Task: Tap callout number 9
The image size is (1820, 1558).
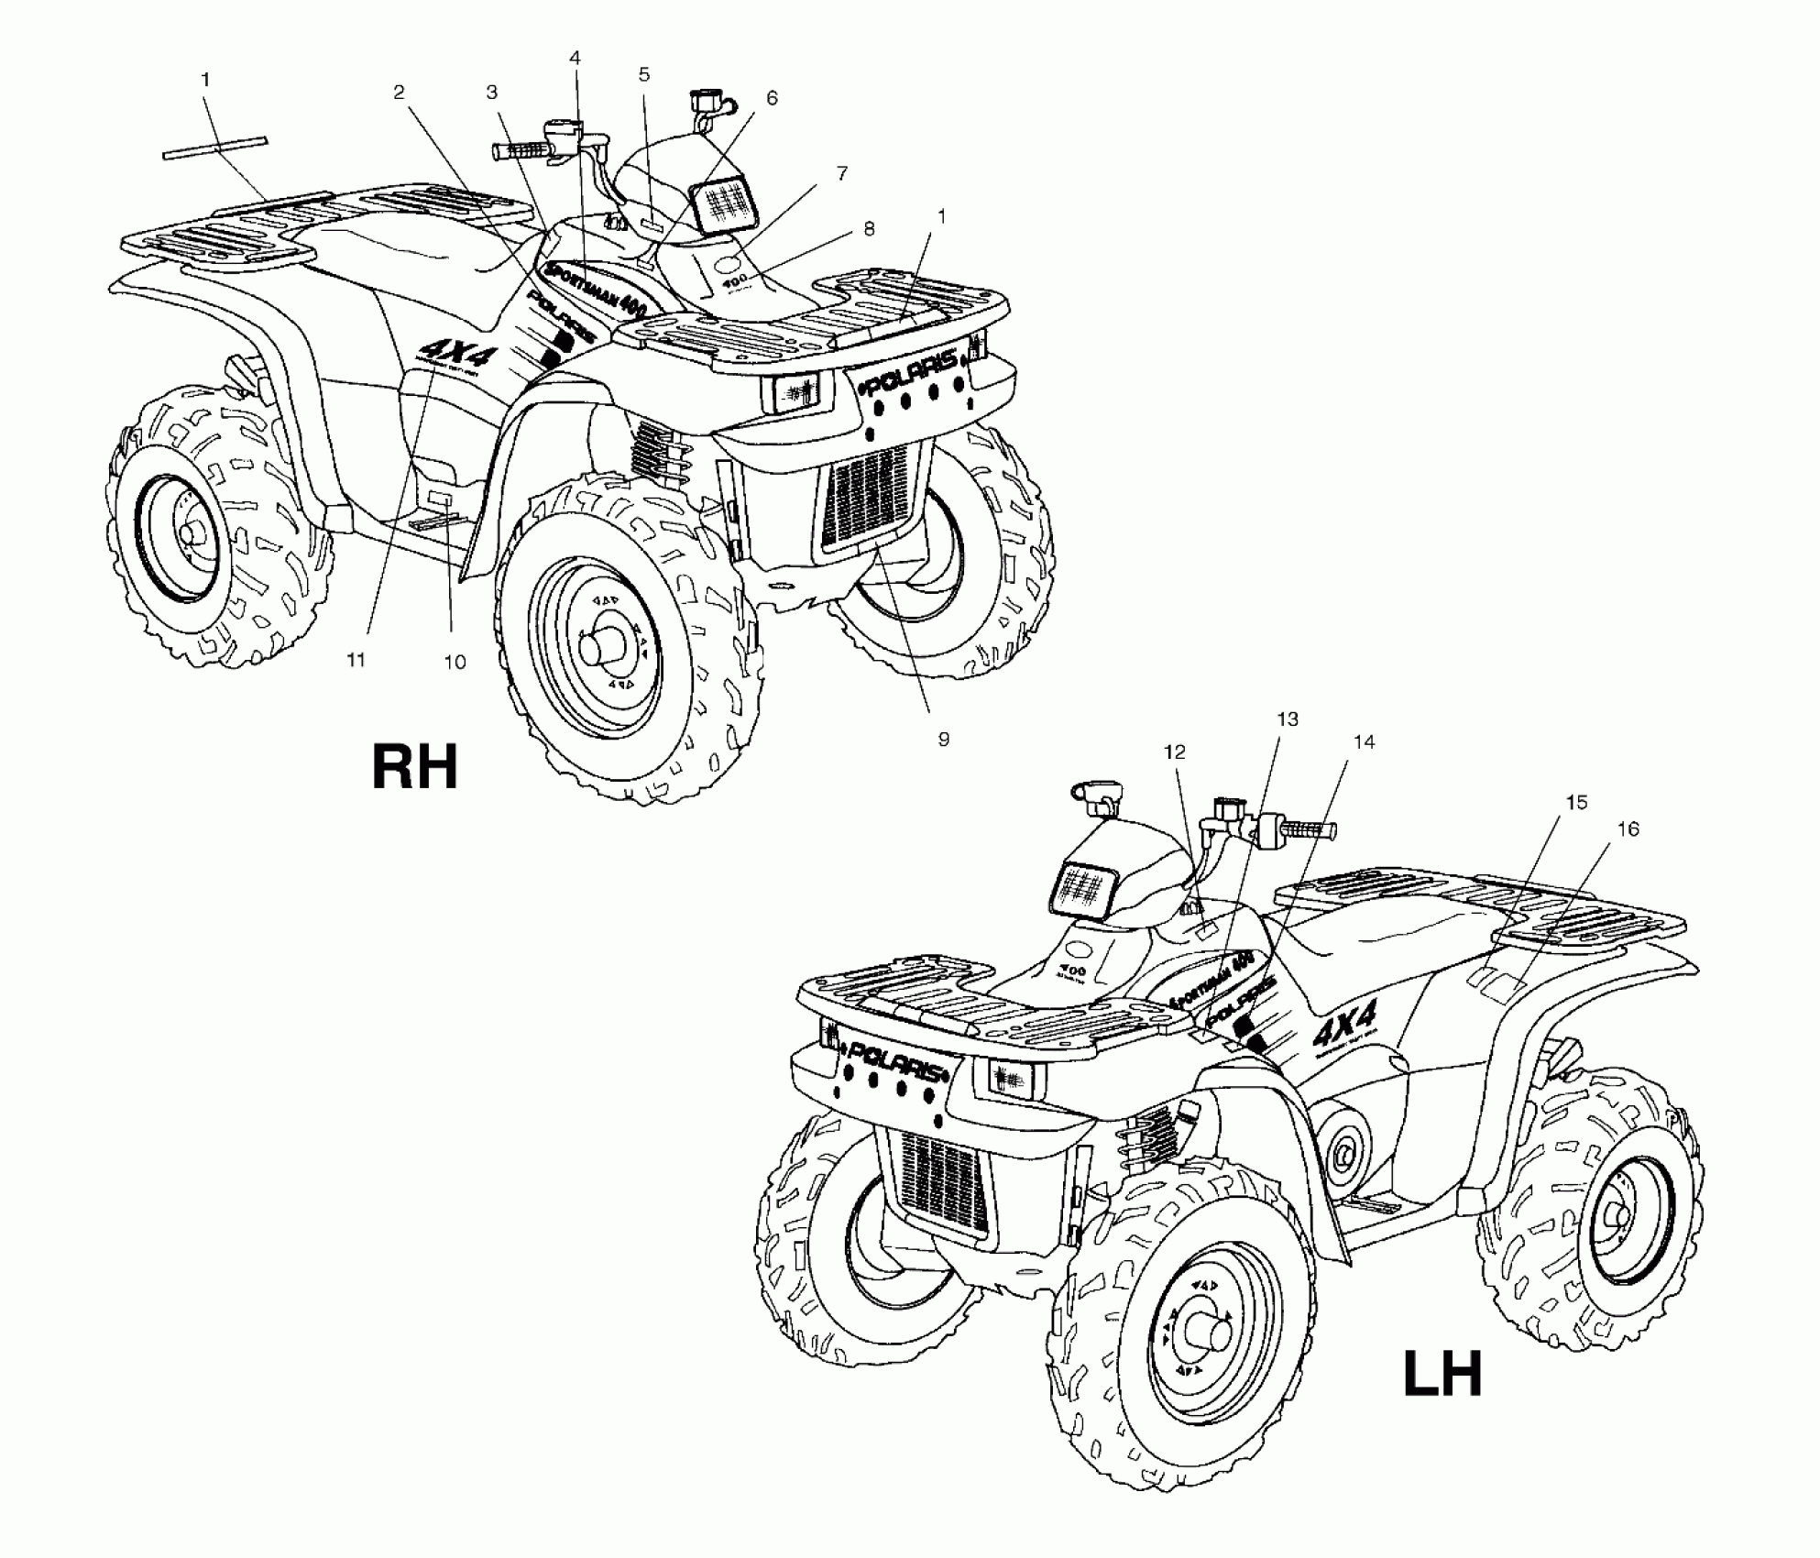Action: [x=943, y=739]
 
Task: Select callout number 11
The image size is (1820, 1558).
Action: [x=356, y=659]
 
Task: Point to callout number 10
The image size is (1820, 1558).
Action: [x=455, y=662]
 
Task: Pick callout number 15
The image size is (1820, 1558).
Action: [x=1575, y=803]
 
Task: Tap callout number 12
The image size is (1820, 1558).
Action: [x=1174, y=752]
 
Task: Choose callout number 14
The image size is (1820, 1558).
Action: [x=1365, y=741]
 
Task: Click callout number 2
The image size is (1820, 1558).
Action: [x=399, y=92]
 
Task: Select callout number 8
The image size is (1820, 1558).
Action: [x=868, y=229]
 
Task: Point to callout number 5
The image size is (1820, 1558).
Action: [x=644, y=74]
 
